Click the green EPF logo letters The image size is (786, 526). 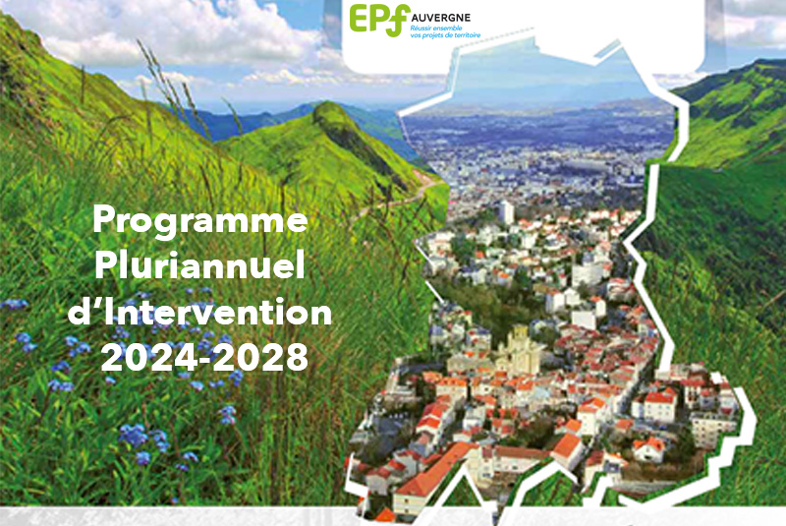point(379,20)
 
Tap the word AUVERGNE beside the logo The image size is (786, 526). point(441,18)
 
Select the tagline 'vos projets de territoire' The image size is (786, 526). point(445,35)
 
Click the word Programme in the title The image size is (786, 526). point(200,220)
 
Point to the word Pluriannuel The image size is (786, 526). point(199,264)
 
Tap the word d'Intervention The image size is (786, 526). point(199,311)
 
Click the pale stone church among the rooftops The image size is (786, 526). point(520,351)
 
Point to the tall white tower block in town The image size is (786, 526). point(506,212)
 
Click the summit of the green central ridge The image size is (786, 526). point(327,106)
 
